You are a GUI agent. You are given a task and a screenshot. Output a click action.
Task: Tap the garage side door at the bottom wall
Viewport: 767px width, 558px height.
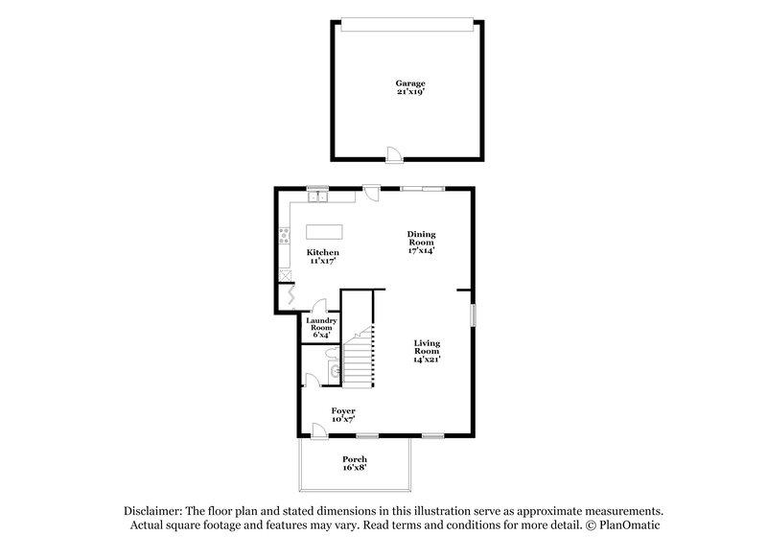pyautogui.click(x=392, y=152)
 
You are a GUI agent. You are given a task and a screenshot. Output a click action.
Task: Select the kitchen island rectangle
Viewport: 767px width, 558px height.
pyautogui.click(x=324, y=232)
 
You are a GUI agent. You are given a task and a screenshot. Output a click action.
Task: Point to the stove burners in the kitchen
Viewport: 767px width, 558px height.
pyautogui.click(x=285, y=236)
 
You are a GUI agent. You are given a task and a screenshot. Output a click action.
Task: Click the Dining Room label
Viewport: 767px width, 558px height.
pyautogui.click(x=421, y=239)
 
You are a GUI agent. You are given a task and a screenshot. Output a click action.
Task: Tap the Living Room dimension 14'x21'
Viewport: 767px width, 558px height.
pyautogui.click(x=427, y=360)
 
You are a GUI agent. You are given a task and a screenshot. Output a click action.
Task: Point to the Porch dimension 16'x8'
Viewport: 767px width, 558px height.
pyautogui.click(x=355, y=469)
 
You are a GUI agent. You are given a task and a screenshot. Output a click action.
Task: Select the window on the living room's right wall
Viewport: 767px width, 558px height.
pyautogui.click(x=472, y=316)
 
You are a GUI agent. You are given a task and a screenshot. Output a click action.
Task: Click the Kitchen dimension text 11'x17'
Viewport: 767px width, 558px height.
pyautogui.click(x=324, y=261)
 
